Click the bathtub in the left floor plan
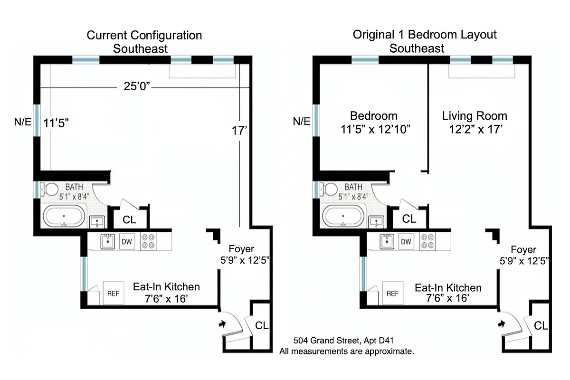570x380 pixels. pyautogui.click(x=65, y=218)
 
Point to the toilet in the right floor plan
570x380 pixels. pyautogui.click(x=331, y=189)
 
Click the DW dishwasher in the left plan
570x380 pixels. pyautogui.click(x=126, y=242)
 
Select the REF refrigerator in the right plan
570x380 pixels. pyautogui.click(x=392, y=294)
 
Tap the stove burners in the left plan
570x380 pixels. pyautogui.click(x=149, y=242)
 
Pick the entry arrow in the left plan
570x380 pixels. pyautogui.click(x=222, y=324)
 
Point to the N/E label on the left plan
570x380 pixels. pyautogui.click(x=22, y=122)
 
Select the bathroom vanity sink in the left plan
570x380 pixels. pyautogui.click(x=97, y=222)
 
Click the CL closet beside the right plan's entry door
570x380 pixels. pyautogui.click(x=541, y=326)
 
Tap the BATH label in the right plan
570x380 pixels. pyautogui.click(x=353, y=187)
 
